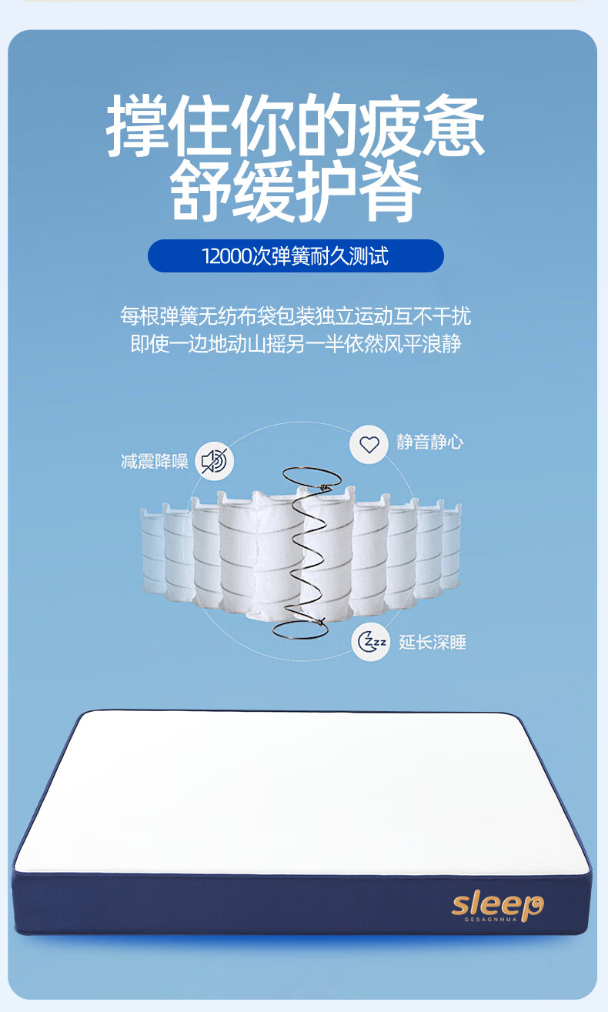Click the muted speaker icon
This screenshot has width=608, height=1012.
click(214, 461)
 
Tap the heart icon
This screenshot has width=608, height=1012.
click(369, 444)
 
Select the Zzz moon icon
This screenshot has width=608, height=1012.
click(371, 642)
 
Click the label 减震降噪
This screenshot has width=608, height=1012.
click(155, 462)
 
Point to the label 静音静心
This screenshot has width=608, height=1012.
click(430, 443)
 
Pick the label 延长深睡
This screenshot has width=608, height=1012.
click(433, 643)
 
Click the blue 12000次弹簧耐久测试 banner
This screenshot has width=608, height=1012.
click(296, 256)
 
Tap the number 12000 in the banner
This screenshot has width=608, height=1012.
click(227, 256)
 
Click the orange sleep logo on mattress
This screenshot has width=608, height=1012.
click(497, 903)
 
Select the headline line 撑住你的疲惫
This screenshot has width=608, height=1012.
click(296, 125)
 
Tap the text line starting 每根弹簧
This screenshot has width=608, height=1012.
click(296, 316)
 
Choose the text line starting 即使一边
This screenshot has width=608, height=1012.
click(296, 343)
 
